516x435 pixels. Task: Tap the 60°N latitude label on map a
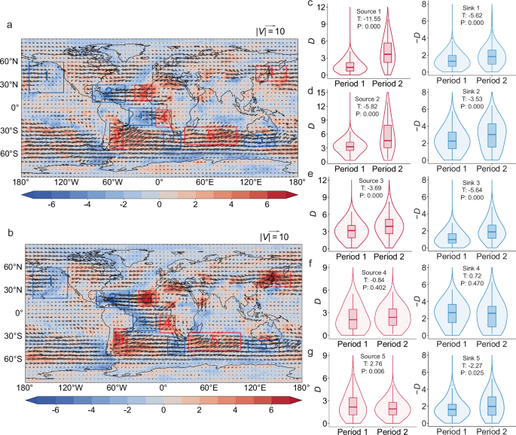point(11,61)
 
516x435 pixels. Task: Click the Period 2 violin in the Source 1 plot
point(388,53)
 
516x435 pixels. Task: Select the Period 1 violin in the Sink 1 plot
point(452,60)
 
